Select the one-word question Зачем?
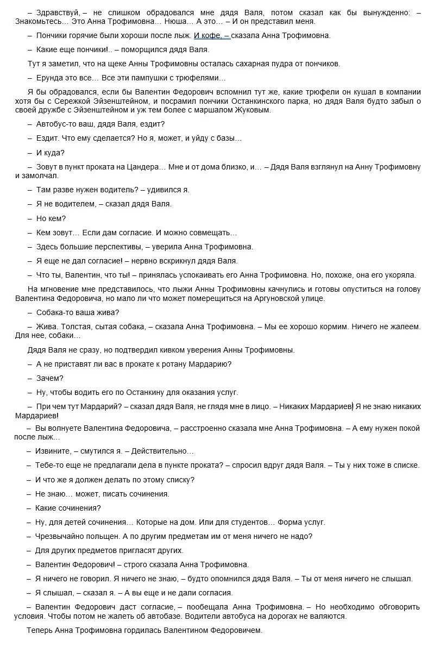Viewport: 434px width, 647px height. (49, 378)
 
